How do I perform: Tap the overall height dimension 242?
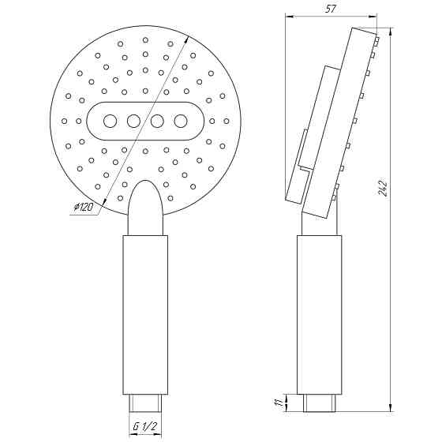point(384,187)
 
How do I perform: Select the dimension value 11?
point(278,403)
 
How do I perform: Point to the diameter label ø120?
point(83,208)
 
